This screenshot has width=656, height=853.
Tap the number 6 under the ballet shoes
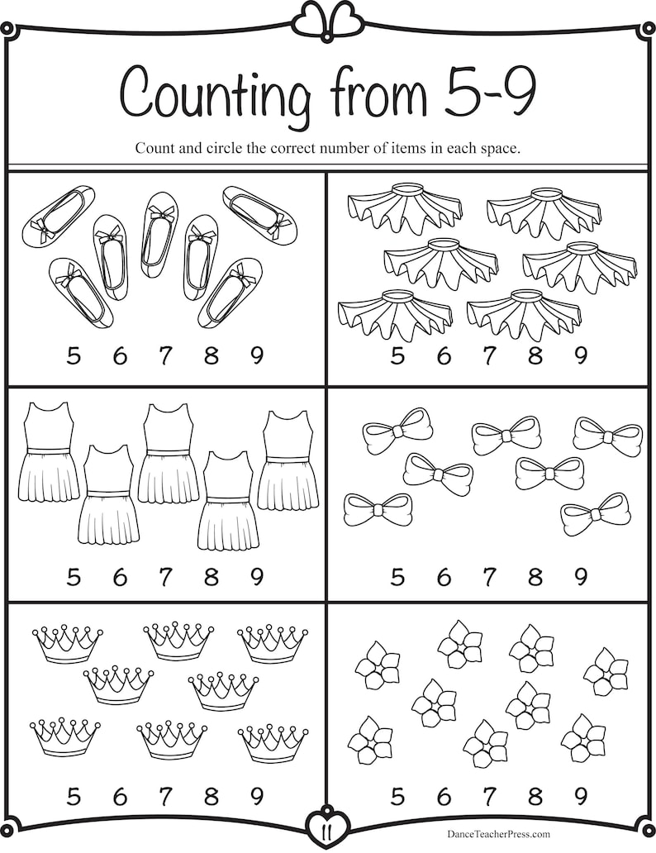(120, 356)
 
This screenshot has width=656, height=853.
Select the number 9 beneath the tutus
(581, 356)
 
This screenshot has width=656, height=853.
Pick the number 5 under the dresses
(74, 575)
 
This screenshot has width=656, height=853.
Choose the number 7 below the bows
(489, 575)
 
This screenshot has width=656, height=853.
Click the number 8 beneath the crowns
(212, 796)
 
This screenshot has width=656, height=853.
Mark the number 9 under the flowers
(581, 796)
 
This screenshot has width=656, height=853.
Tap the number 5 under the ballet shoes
(74, 356)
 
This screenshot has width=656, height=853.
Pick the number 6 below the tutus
(444, 356)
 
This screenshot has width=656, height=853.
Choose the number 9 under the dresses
(257, 575)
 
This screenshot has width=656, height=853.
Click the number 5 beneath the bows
(397, 575)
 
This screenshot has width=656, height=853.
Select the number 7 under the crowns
(165, 796)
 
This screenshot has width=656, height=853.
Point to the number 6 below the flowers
(444, 796)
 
